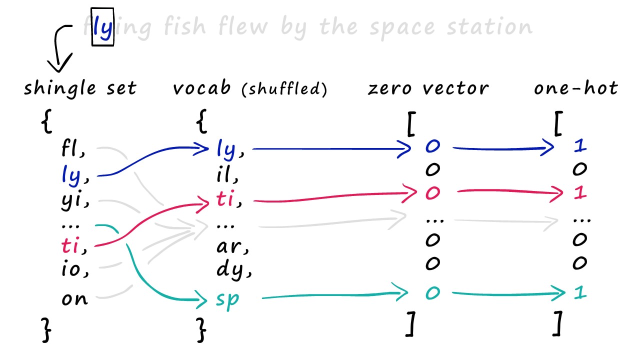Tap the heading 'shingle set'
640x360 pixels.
tap(80, 88)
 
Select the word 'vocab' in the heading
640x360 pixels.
tap(202, 88)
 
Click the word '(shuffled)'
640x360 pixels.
tap(284, 89)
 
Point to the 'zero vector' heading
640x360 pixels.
tap(428, 88)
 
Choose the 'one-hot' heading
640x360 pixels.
tap(575, 88)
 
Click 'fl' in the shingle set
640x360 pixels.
tap(71, 148)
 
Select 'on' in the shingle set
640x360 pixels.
tap(75, 299)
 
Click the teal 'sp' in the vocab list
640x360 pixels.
tap(228, 299)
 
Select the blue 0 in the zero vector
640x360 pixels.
tap(432, 146)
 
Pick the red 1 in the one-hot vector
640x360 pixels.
tap(579, 193)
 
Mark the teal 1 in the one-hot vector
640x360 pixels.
tap(579, 293)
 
